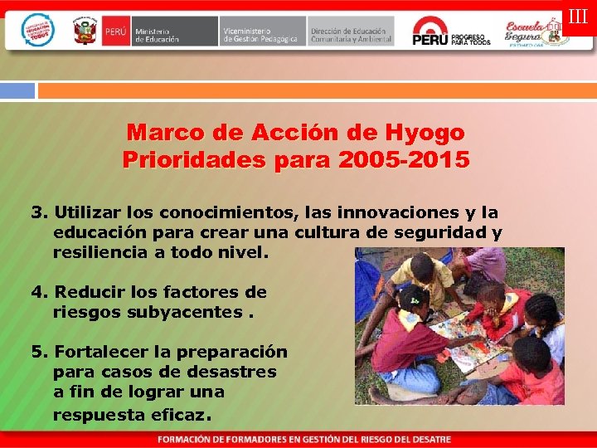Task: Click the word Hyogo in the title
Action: [425, 133]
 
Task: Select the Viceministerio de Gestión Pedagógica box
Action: [263, 32]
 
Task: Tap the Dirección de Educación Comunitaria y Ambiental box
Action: [351, 32]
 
